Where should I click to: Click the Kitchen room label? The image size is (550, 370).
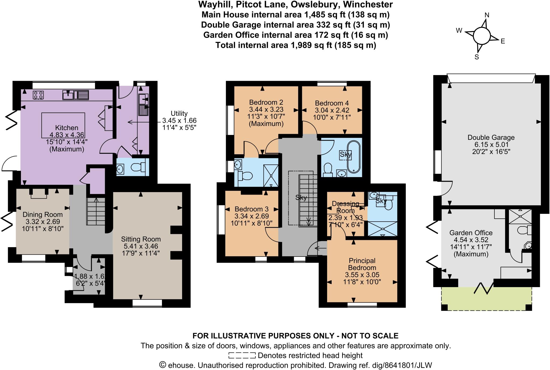[x=67, y=128]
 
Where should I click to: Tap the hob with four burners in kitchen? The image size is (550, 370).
[x=38, y=95]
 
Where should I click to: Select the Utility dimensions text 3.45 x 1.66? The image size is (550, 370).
[x=179, y=120]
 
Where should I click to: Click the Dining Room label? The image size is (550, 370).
[x=42, y=214]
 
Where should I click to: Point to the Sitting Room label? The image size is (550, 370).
[x=141, y=239]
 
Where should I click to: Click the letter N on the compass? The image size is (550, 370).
[x=487, y=15]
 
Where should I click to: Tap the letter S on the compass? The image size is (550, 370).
[x=477, y=57]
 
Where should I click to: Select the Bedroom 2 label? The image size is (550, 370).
[x=266, y=102]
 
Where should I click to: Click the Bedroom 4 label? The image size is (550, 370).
[x=332, y=103]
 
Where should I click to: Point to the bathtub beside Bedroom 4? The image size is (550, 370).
[x=353, y=157]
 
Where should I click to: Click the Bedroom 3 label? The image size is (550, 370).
[x=251, y=209]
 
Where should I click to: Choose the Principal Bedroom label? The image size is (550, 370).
[x=362, y=264]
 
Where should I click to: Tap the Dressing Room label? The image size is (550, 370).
[x=345, y=207]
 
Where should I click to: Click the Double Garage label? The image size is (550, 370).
[x=491, y=137]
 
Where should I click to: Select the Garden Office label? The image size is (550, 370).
[x=471, y=233]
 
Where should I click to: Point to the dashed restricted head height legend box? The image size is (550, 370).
[x=242, y=356]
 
